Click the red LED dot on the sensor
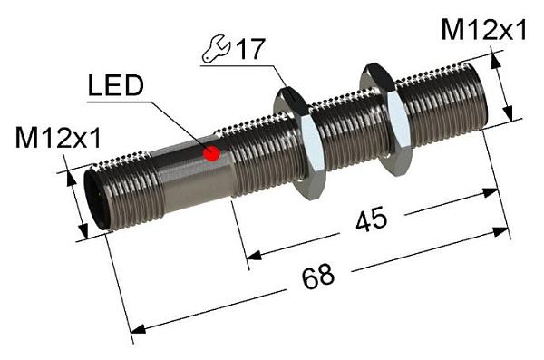(211, 153)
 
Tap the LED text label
(116, 86)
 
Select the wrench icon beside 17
(216, 50)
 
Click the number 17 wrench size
(251, 49)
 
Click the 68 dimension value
(318, 277)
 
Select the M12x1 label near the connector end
(58, 138)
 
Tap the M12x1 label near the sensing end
(483, 30)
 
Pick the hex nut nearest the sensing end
(385, 119)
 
